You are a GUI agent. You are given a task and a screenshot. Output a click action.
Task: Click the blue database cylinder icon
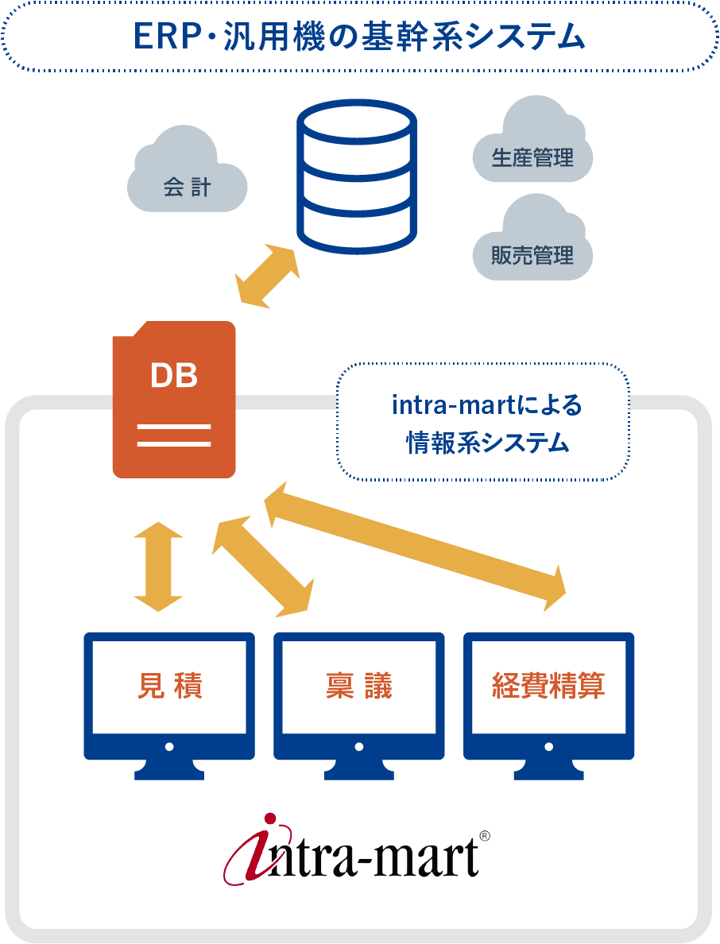[357, 176]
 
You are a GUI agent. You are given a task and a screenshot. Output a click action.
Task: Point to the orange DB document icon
[174, 400]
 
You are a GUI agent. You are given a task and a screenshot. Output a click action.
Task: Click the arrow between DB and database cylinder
[267, 276]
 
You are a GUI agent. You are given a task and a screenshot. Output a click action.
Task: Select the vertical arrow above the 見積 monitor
[158, 567]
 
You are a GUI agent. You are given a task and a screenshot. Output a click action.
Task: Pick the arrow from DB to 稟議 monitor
[263, 567]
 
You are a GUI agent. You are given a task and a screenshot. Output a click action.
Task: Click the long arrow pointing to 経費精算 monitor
[415, 547]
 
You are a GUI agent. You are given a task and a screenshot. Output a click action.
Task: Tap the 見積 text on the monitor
[170, 685]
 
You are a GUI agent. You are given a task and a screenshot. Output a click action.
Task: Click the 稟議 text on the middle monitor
[358, 685]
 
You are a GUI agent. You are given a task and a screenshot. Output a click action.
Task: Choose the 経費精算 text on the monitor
[548, 685]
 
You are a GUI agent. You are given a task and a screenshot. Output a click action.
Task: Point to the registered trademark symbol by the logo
[485, 836]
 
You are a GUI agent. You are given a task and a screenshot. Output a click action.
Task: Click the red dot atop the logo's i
[270, 818]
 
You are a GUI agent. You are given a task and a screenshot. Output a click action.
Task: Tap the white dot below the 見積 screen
[169, 746]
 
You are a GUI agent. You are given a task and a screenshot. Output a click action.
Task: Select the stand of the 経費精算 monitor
[548, 769]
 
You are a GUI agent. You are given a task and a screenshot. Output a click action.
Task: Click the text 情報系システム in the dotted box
[488, 443]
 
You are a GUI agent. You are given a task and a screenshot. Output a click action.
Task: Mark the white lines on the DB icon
[174, 435]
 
